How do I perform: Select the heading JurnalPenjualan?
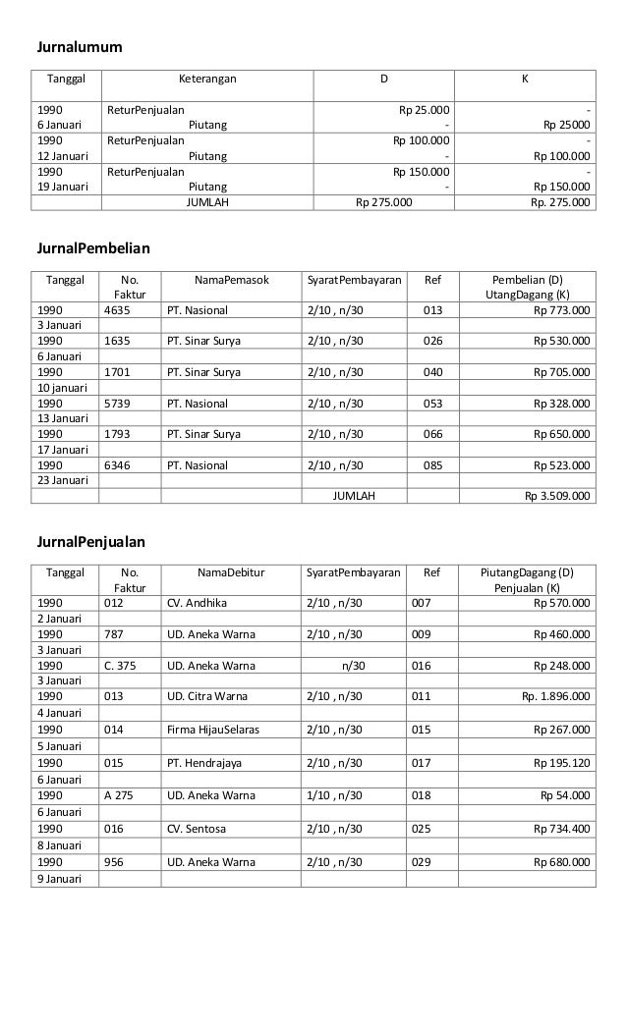click(x=90, y=541)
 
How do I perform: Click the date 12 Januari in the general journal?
click(x=62, y=155)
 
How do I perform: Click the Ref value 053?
click(x=432, y=404)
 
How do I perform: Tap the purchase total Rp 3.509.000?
click(x=558, y=496)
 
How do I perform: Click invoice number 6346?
click(x=118, y=465)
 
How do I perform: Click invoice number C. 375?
click(x=123, y=665)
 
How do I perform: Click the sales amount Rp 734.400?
click(x=561, y=829)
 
